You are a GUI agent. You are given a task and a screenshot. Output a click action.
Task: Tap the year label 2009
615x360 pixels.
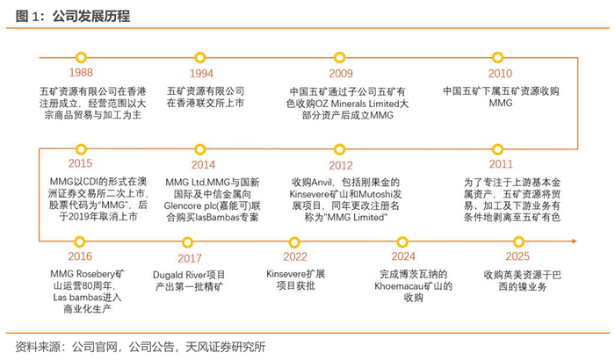coord(341,75)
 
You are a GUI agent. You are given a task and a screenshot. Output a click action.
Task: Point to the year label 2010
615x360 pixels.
coord(500,75)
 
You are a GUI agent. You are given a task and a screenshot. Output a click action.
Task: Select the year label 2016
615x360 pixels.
coord(78,256)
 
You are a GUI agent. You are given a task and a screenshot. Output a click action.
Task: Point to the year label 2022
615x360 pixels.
coord(295,256)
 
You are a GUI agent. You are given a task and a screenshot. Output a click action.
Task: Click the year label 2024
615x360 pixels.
coord(402,256)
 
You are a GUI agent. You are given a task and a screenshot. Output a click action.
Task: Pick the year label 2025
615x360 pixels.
coord(517,256)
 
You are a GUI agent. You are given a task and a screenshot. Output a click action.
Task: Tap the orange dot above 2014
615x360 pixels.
coord(203,148)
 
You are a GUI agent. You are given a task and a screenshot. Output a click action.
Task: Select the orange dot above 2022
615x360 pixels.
coord(295,240)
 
